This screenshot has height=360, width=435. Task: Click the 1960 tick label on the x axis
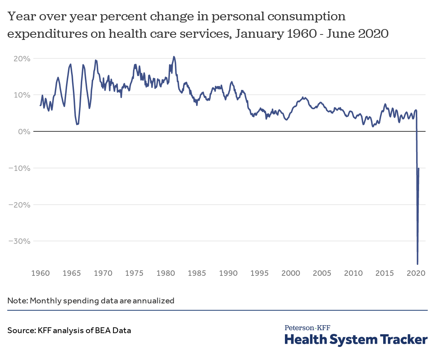[41, 273]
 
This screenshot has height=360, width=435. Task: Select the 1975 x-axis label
[134, 273]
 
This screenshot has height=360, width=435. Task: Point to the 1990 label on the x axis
[228, 273]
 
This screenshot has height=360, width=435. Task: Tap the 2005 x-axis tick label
[322, 273]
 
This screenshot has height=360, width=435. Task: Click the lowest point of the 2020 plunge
[418, 264]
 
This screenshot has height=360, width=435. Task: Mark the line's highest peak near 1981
[174, 57]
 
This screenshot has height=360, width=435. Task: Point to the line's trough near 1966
[77, 124]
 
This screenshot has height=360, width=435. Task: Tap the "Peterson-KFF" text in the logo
[307, 328]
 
